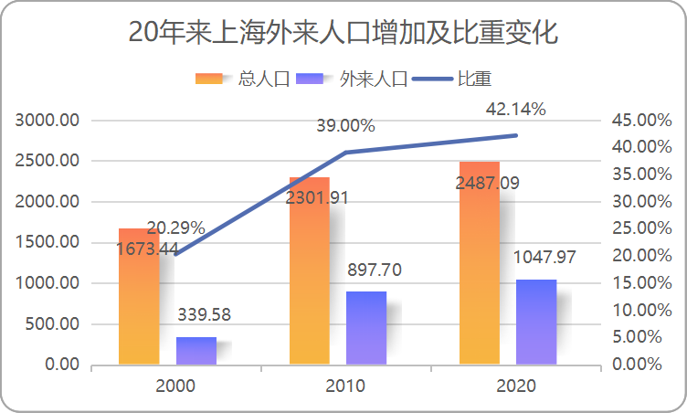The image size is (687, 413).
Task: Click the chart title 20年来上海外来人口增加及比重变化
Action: (343, 33)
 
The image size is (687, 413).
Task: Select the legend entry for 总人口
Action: (242, 79)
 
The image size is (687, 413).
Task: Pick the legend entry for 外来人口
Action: (352, 79)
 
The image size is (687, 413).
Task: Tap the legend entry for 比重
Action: (454, 79)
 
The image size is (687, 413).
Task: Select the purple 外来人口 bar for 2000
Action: (196, 351)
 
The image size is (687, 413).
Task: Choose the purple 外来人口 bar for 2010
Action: (366, 328)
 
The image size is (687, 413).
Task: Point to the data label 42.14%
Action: (515, 110)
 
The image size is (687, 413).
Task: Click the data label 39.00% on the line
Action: (345, 126)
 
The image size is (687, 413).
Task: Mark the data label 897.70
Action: (375, 270)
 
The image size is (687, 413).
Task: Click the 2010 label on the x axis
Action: (345, 386)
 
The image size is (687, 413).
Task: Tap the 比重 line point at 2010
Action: (345, 153)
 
